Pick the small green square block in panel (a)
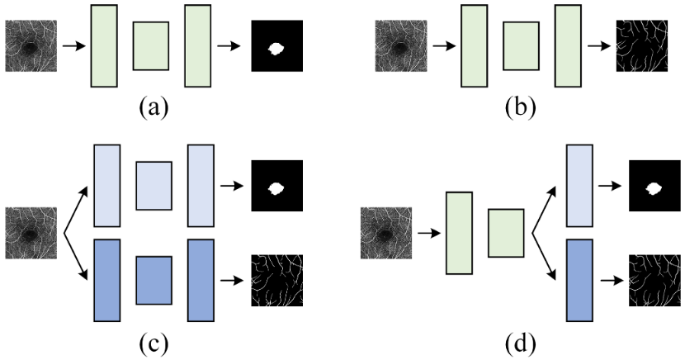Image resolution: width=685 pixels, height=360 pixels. click(x=151, y=46)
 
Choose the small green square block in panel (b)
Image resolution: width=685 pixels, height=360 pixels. click(x=521, y=46)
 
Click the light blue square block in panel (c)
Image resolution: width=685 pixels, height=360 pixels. click(x=154, y=186)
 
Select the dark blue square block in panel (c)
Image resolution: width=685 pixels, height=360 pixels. click(x=154, y=281)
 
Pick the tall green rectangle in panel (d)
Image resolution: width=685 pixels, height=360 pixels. click(x=459, y=234)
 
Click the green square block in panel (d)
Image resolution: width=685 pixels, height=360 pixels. click(x=506, y=234)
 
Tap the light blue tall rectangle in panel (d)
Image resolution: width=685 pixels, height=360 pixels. click(x=580, y=186)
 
